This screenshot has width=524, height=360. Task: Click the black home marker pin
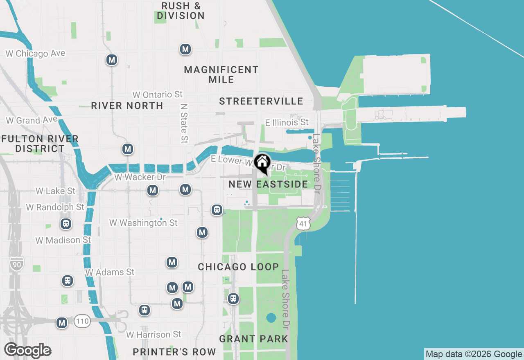click(x=262, y=163)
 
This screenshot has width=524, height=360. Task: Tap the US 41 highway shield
click(x=303, y=223)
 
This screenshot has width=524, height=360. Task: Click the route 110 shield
click(x=82, y=321)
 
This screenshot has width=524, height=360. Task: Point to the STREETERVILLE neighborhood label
click(x=261, y=101)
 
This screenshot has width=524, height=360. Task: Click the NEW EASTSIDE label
click(x=268, y=184)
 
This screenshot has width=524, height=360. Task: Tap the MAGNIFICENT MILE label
click(x=221, y=74)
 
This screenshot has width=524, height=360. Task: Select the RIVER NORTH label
click(x=127, y=106)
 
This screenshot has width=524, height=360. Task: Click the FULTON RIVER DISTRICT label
click(x=40, y=144)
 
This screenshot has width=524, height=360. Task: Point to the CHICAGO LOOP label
click(x=238, y=267)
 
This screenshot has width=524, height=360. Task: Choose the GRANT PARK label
click(x=253, y=339)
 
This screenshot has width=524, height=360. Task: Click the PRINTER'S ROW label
click(x=174, y=352)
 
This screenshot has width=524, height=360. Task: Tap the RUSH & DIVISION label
click(x=181, y=11)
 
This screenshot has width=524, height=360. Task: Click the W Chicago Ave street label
click(x=35, y=54)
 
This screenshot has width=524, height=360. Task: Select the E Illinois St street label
click(x=287, y=122)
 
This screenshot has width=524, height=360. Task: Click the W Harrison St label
click(x=154, y=335)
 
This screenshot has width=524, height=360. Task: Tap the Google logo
click(x=27, y=351)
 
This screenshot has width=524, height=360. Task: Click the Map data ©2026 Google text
click(x=474, y=354)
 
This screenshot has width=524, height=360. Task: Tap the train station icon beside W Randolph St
click(x=65, y=224)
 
